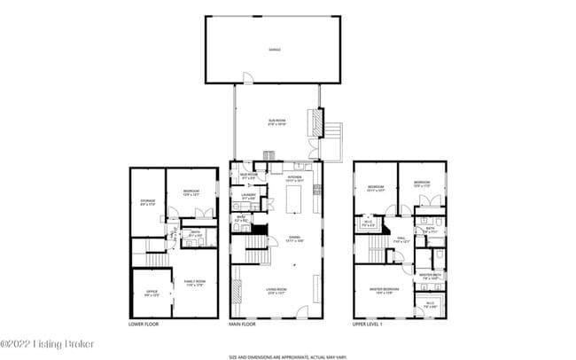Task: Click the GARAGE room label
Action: point(275,50)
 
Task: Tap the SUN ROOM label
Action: point(277,122)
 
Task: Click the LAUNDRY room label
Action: point(248,196)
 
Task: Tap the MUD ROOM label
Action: point(248,176)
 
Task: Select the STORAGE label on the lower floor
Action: point(148,203)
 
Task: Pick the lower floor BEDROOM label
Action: point(191,192)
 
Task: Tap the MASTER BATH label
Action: point(430,276)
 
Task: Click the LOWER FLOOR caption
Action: point(144,325)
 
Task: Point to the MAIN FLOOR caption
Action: point(243,325)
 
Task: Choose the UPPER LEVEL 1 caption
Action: point(370,325)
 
